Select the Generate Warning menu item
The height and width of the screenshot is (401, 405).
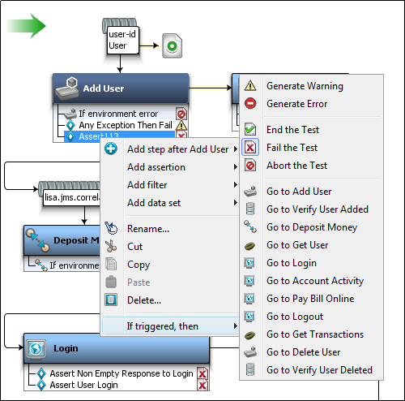(x=305, y=86)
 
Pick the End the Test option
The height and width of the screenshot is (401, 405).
(x=292, y=130)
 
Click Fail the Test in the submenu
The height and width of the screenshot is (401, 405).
(x=292, y=148)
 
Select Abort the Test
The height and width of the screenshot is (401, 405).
(x=296, y=166)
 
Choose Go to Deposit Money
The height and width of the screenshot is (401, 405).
(x=313, y=227)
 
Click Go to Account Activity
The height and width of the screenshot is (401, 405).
(x=315, y=281)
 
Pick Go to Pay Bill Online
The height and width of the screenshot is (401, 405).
(x=310, y=299)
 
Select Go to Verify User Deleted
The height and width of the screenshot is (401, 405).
(x=319, y=370)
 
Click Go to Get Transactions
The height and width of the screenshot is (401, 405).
(x=314, y=334)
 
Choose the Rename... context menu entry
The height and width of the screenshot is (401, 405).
(x=148, y=228)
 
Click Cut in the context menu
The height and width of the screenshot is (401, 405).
(x=135, y=246)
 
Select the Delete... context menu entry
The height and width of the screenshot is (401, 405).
(x=144, y=300)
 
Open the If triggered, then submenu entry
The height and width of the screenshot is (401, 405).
(x=163, y=326)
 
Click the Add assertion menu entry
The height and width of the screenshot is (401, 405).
(x=156, y=167)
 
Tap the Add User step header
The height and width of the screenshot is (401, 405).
(x=122, y=88)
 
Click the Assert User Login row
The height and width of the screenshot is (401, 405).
(x=85, y=385)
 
